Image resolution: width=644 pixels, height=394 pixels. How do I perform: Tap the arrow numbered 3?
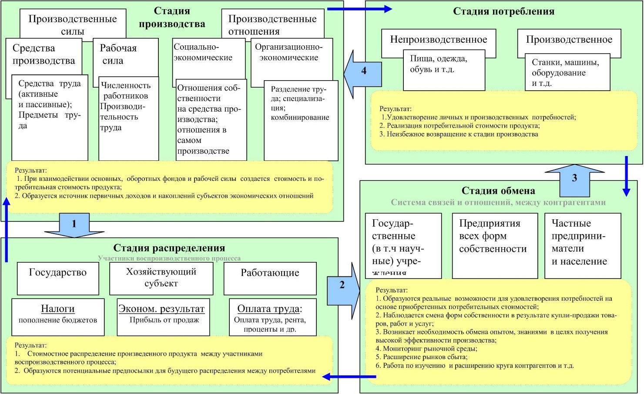574,179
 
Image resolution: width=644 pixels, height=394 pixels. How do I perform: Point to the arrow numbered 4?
363,71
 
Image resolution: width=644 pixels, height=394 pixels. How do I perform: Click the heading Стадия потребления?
503,11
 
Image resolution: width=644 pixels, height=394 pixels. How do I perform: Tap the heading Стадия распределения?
169,248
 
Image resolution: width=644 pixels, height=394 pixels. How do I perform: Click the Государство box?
58,278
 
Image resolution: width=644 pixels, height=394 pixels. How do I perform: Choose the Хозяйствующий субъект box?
161,278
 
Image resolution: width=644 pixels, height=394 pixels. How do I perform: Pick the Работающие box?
270,278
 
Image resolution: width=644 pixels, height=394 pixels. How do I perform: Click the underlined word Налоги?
58,309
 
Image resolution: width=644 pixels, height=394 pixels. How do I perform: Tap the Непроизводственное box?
438,40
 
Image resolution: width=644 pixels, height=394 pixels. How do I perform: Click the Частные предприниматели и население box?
582,245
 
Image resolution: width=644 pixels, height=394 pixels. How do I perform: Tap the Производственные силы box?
72,24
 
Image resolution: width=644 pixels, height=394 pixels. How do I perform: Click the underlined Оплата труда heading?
268,309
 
